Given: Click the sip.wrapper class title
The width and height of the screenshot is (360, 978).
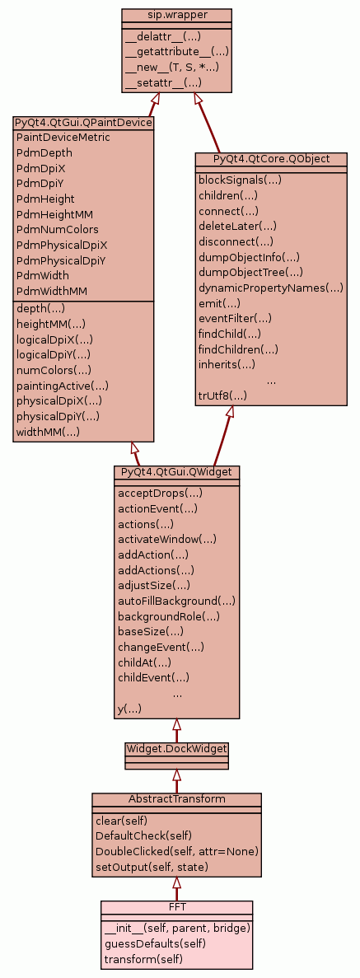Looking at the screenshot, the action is click(176, 15).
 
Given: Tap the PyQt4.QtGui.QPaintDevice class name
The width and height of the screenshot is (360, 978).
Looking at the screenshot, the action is click(83, 122).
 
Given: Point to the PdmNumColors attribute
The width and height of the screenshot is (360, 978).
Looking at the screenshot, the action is click(58, 230).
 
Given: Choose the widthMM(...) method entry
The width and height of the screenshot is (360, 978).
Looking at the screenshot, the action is click(48, 432).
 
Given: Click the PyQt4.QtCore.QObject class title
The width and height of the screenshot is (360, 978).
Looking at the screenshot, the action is click(271, 158).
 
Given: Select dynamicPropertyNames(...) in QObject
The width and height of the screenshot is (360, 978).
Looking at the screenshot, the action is click(271, 288).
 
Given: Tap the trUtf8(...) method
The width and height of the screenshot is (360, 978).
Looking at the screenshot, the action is click(222, 395).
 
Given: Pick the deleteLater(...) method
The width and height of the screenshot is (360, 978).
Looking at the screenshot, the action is click(238, 226).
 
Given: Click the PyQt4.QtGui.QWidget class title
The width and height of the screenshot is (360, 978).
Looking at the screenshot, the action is click(176, 471).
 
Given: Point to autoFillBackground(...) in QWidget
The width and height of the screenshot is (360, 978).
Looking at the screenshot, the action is click(176, 601).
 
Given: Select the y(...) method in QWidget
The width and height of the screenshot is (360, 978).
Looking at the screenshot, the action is click(130, 709).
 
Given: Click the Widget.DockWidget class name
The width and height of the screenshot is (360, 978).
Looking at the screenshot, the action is click(176, 748).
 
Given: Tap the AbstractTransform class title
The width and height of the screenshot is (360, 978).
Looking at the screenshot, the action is click(176, 799).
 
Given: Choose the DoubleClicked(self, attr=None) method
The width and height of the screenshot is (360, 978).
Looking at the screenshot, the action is click(177, 851).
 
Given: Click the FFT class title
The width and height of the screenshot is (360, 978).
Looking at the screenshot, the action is click(176, 906).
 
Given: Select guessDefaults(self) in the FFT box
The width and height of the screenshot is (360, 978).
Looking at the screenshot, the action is click(156, 943).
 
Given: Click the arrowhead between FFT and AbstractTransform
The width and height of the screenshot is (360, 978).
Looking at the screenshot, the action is click(176, 882).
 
